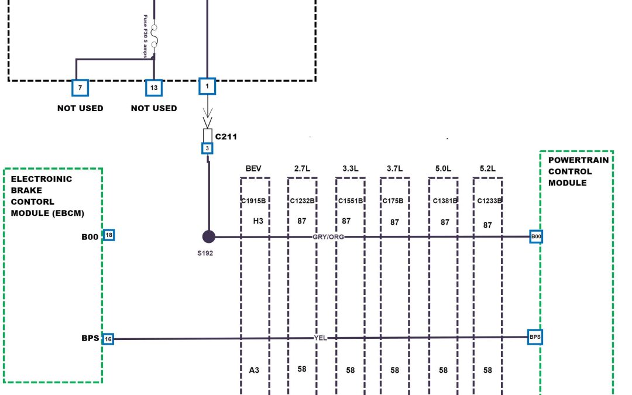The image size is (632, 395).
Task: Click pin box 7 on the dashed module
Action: pos(80,88)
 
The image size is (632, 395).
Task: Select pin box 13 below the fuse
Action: pos(154,88)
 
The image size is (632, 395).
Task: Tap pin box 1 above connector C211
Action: pos(207,86)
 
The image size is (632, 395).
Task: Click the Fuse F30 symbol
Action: pos(154,36)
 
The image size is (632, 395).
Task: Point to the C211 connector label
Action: pos(226,137)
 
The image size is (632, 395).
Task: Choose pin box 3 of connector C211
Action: pos(207,149)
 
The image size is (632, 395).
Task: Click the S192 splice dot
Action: pos(208,236)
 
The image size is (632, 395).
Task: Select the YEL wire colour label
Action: pos(320,338)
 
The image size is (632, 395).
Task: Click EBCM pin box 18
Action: pos(108,235)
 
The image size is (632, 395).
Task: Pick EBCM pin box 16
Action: pos(108,339)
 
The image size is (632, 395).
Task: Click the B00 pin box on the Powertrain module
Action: pos(536,236)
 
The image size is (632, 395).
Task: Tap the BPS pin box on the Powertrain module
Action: pos(535,337)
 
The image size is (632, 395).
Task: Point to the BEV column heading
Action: pos(253,169)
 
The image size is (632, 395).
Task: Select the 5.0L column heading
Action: pos(443,169)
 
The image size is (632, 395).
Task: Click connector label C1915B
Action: pos(254,201)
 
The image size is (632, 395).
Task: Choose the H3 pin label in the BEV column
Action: pos(257,221)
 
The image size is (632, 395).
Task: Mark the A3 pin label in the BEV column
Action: pos(255,370)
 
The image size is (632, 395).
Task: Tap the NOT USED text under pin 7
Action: pos(80,108)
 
